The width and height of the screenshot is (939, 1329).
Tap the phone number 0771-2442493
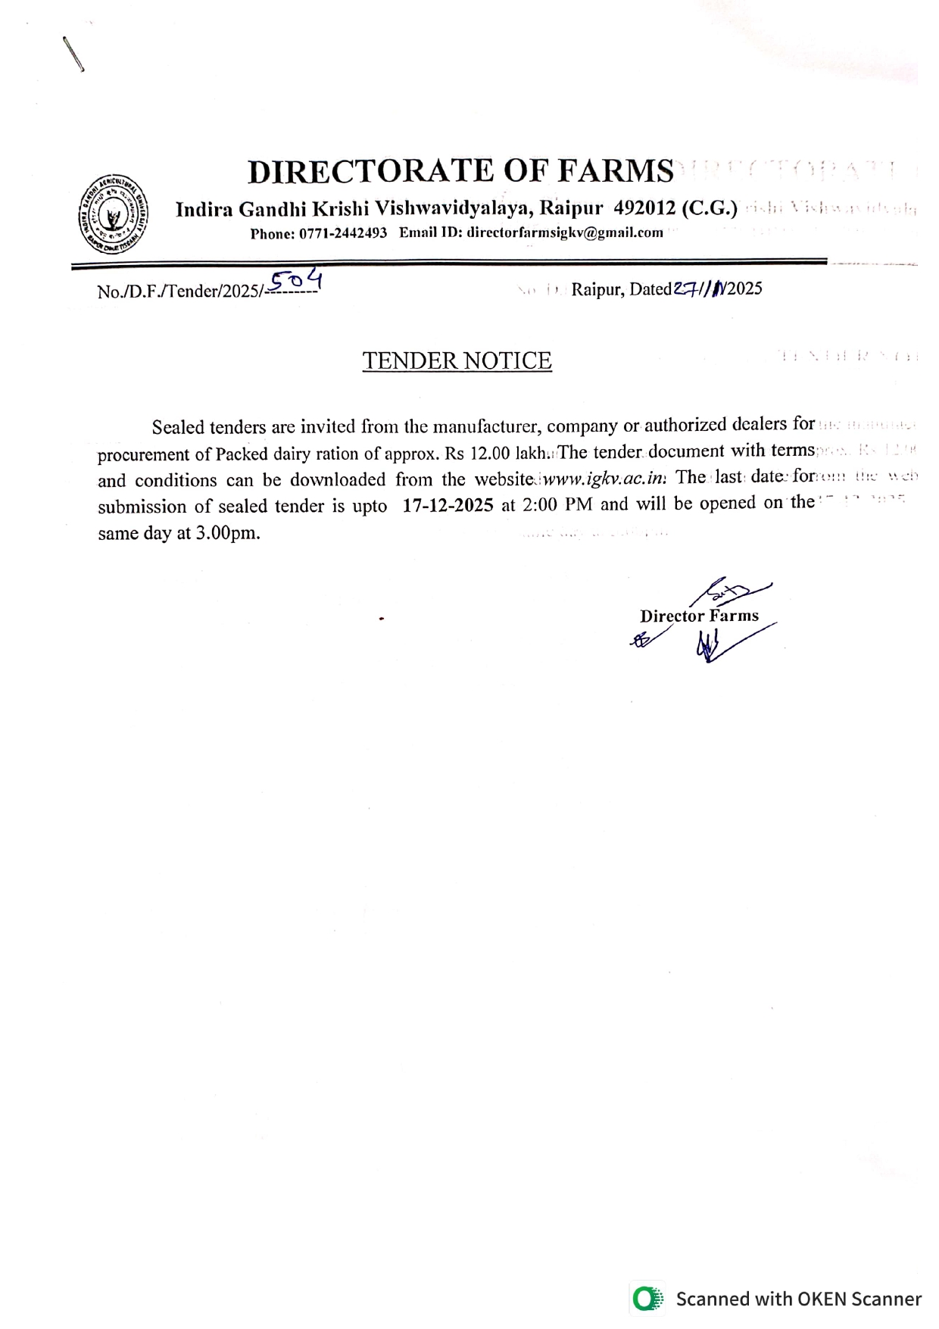pyautogui.click(x=343, y=233)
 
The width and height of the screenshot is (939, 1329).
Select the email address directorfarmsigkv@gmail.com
pyautogui.click(x=565, y=233)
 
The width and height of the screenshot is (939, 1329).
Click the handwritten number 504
pyautogui.click(x=297, y=282)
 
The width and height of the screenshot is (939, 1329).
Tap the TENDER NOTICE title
pyautogui.click(x=457, y=360)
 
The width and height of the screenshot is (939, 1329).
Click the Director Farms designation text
pyautogui.click(x=698, y=616)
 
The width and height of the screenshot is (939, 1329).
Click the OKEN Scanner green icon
pyautogui.click(x=647, y=1299)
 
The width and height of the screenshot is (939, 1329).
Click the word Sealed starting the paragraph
pyautogui.click(x=178, y=427)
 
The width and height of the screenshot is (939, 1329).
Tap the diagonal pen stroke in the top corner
pyautogui.click(x=73, y=54)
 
